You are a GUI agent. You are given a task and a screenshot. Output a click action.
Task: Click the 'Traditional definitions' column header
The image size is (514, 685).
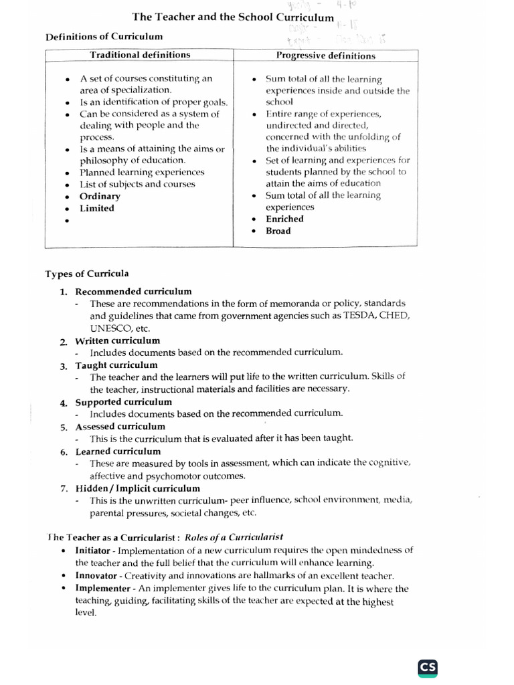click(x=140, y=55)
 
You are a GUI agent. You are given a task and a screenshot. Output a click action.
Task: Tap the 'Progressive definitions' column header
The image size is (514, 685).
click(x=325, y=56)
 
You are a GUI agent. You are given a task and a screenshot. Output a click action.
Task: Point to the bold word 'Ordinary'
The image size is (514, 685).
click(x=100, y=196)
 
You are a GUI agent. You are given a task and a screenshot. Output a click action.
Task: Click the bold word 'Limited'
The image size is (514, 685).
click(x=97, y=208)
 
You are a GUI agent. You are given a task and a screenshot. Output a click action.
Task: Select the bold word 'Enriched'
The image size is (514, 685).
click(x=284, y=219)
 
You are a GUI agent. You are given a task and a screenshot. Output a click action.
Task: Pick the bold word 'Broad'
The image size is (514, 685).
click(x=278, y=231)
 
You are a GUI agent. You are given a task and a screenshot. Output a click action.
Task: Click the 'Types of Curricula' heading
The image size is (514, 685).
click(x=87, y=274)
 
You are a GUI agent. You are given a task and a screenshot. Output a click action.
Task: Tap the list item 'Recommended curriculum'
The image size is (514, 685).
click(x=133, y=291)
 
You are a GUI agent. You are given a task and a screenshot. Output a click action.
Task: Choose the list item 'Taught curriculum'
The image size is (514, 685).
click(x=116, y=365)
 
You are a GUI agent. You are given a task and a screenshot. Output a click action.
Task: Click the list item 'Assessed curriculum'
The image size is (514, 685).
click(x=120, y=426)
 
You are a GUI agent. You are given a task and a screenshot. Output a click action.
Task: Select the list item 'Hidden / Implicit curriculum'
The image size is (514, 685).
click(x=137, y=488)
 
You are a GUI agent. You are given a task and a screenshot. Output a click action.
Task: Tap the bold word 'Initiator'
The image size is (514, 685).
click(x=93, y=551)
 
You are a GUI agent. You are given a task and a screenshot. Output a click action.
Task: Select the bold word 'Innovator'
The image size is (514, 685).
click(x=96, y=575)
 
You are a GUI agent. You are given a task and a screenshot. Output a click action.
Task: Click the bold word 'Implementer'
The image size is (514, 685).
click(x=102, y=589)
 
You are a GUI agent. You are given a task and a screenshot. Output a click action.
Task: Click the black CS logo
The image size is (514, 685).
click(x=428, y=667)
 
